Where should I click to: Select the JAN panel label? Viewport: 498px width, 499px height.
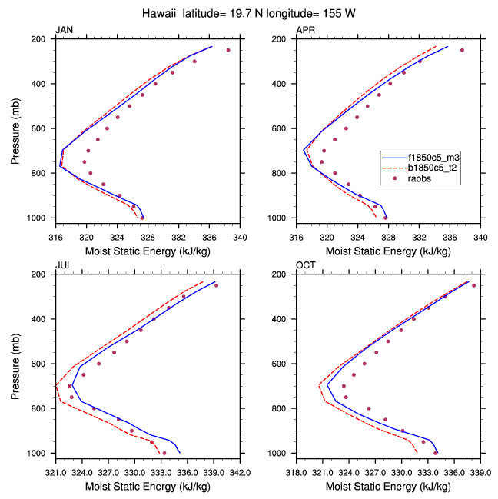[x=65, y=30]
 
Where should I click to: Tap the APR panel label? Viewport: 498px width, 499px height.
[x=306, y=30]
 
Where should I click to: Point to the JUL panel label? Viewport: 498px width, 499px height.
[x=63, y=265]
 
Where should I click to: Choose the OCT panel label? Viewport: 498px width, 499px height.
[x=307, y=265]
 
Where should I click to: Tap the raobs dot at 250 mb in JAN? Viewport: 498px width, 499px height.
[x=228, y=50]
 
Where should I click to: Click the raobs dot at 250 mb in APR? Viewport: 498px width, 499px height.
[x=462, y=50]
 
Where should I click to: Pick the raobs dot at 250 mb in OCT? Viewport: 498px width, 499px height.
[x=473, y=285]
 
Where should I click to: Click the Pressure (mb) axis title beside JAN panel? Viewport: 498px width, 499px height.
[x=16, y=131]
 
